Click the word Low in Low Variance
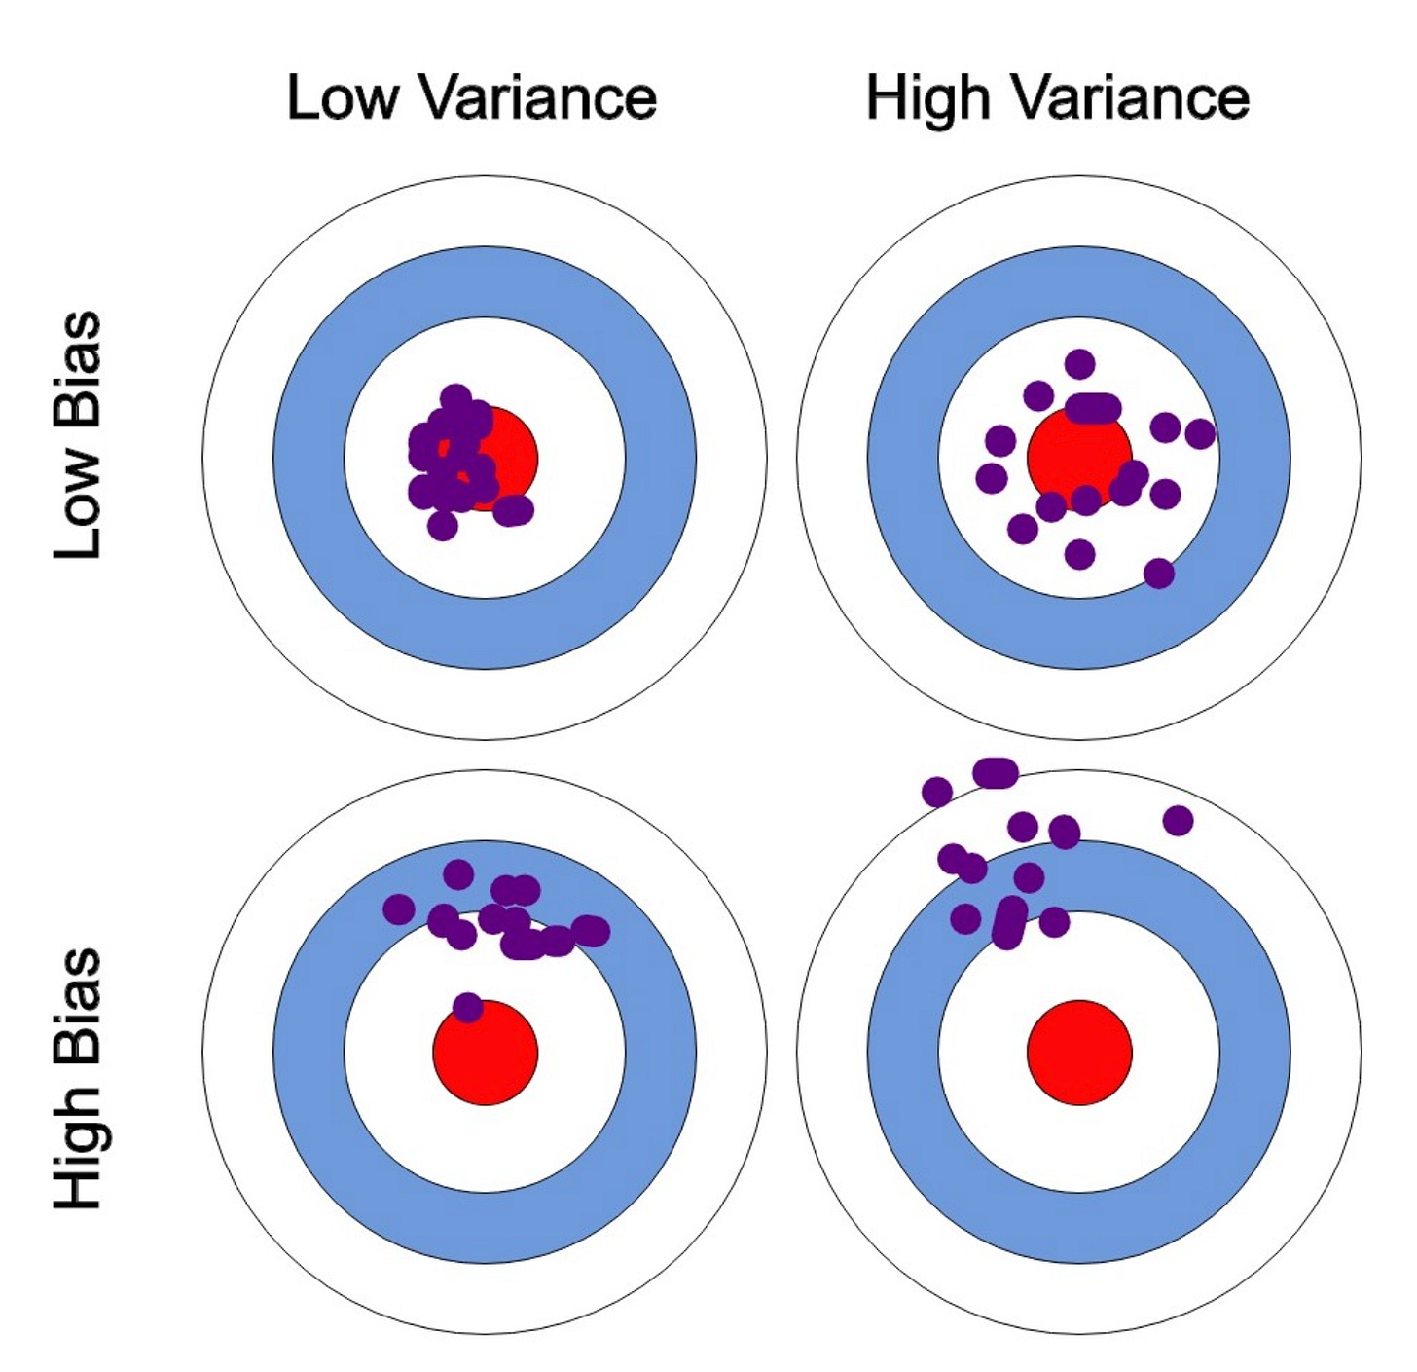click(342, 97)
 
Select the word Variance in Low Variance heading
click(540, 97)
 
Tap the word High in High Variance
click(927, 97)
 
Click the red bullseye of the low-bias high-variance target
click(1079, 456)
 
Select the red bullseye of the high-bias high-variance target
click(1079, 1052)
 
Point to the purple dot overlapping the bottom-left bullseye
click(467, 1007)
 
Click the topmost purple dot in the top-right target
click(1079, 364)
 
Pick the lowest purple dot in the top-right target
click(1158, 573)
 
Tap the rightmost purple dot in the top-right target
click(1200, 433)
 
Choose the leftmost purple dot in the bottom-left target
click(398, 909)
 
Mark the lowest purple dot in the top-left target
click(442, 526)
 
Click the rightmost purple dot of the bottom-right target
click(1178, 820)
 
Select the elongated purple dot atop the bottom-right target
click(996, 773)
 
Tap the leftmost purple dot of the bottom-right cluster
click(936, 792)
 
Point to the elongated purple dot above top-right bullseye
click(1093, 408)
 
